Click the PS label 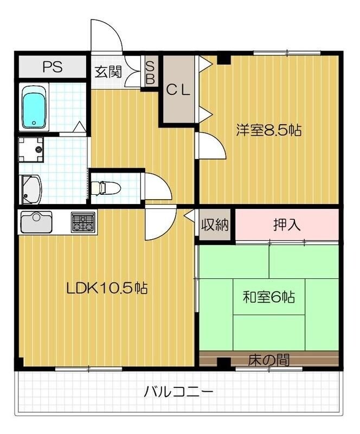(53, 67)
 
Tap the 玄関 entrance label (108, 72)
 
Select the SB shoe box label (151, 72)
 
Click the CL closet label (178, 91)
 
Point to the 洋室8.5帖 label (268, 130)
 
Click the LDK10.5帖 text (107, 288)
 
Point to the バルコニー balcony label (178, 391)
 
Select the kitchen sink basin (36, 220)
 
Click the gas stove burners (82, 221)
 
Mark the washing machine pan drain (38, 148)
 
